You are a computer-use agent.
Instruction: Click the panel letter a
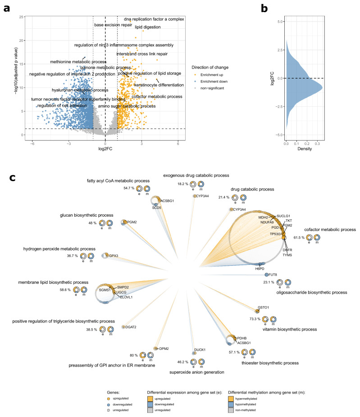(7, 8)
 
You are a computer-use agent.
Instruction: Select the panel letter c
(14, 177)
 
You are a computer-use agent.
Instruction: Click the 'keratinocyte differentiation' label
(159, 85)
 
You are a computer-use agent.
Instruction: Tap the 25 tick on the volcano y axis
(21, 17)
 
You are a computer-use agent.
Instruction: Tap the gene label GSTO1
(263, 308)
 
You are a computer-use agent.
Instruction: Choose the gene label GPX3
(113, 256)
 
